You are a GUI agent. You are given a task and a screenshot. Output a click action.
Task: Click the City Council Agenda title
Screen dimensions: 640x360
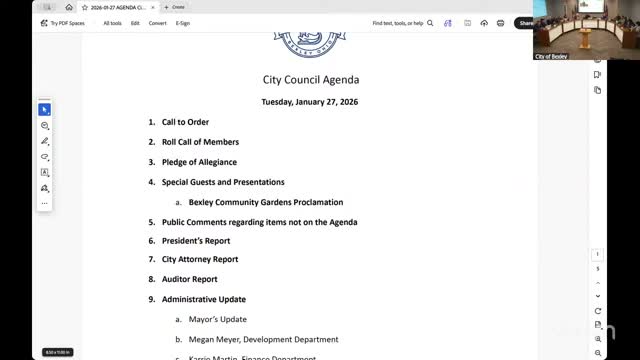310,80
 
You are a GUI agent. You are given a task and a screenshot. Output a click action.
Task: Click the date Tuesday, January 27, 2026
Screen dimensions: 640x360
310,102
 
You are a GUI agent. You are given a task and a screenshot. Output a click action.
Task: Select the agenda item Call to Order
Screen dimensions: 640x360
185,122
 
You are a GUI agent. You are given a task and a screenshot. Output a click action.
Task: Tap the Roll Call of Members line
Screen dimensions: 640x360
200,142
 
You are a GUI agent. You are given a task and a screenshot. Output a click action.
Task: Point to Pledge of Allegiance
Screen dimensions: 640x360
200,162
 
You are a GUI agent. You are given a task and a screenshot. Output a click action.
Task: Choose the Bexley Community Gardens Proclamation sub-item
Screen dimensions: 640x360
266,202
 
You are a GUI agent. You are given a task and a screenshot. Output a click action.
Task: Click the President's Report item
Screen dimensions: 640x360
196,241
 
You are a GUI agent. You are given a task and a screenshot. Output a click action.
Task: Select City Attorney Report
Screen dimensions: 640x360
200,260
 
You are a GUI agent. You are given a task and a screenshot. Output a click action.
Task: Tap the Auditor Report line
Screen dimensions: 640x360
189,279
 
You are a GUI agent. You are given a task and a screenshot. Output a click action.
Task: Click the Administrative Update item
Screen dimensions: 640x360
204,299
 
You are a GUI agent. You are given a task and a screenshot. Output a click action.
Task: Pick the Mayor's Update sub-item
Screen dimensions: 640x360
217,319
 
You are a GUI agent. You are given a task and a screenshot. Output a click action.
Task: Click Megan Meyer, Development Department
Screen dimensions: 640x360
263,339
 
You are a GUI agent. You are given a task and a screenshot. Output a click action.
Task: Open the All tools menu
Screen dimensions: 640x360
113,22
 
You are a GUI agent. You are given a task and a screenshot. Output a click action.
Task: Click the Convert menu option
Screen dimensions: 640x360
158,22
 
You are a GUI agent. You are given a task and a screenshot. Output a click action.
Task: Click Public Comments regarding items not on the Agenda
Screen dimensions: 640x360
259,222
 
